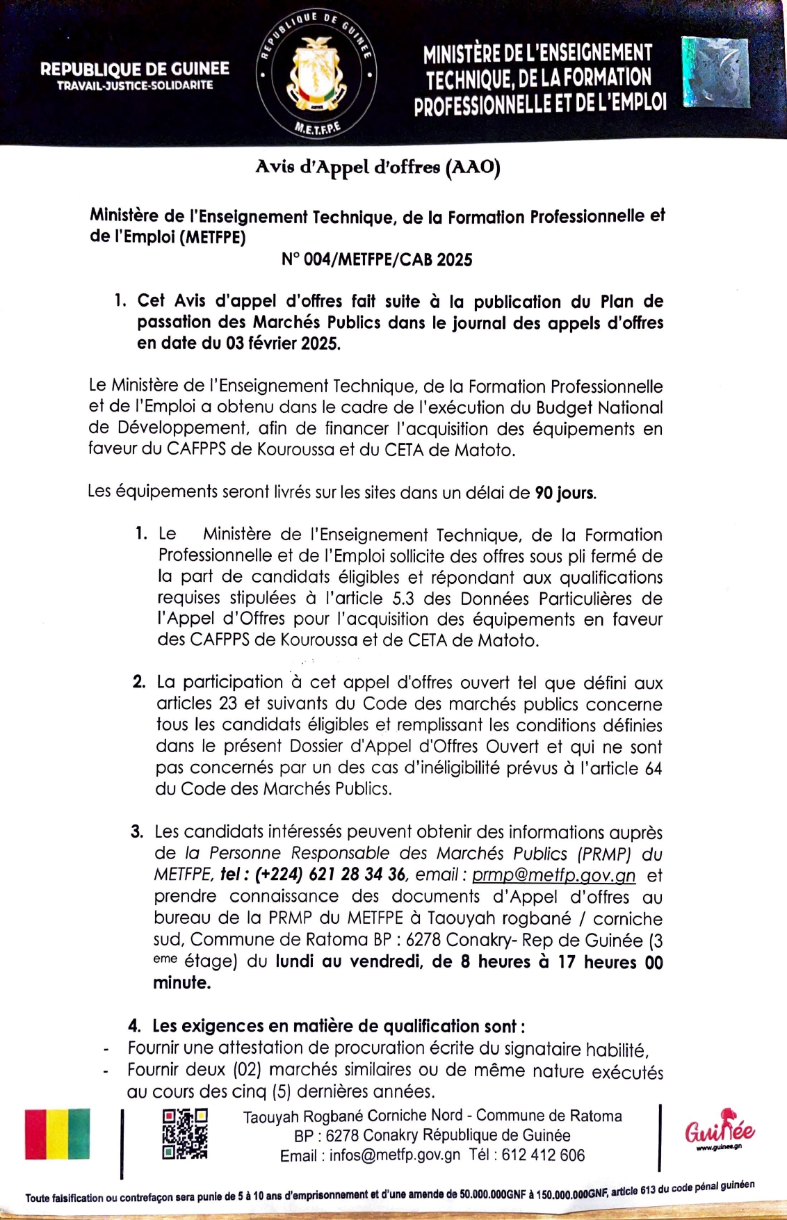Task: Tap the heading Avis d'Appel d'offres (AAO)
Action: [378, 167]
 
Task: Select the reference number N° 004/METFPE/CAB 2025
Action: [377, 260]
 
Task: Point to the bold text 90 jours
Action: [565, 494]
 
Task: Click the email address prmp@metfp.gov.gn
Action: [553, 875]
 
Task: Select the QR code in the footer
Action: [185, 1134]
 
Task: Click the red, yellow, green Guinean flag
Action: [58, 1134]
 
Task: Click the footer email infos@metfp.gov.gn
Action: [394, 1155]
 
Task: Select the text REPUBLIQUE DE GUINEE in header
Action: [135, 69]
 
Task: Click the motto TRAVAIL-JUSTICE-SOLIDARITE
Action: [135, 86]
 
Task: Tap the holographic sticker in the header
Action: [715, 72]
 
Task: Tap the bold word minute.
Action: [181, 983]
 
